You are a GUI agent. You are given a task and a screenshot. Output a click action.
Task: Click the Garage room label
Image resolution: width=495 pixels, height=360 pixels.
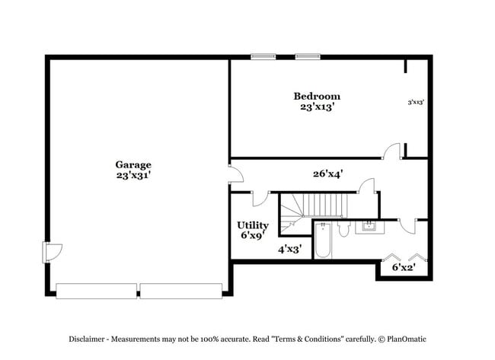pos(133,164)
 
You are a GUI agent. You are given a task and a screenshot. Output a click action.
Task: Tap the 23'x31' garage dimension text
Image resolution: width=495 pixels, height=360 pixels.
pos(133,175)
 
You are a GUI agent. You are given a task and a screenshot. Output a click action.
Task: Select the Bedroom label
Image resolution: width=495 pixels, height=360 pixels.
pos(317,96)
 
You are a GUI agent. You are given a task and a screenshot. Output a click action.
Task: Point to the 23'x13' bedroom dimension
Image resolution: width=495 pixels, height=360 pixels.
pos(317,107)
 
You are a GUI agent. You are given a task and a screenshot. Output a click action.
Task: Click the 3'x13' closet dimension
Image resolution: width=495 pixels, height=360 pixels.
pos(415,101)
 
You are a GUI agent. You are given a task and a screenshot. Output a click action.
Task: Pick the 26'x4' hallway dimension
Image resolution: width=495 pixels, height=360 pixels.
pos(327,174)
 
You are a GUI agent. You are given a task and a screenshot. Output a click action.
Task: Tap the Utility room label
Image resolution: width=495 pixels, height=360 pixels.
pos(252,225)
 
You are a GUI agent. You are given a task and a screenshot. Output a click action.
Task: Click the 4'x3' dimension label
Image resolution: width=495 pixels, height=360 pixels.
pos(290,249)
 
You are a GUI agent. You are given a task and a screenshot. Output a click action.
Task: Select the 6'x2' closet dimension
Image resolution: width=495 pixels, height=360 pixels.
pos(404,267)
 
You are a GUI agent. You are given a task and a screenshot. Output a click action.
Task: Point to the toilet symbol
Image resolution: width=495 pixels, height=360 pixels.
pos(343,228)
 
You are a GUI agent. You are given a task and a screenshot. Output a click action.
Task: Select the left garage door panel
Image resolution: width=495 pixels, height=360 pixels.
pos(97,291)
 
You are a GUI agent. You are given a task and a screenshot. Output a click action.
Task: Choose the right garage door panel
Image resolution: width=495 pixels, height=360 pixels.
pos(180,291)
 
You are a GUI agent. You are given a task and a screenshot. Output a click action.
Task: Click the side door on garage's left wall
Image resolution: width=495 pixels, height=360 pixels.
pos(52,252)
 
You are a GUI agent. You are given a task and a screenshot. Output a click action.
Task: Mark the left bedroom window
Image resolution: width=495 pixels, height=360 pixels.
pos(263,56)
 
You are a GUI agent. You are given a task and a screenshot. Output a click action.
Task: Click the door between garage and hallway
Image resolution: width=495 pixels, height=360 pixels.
pos(235,174)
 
